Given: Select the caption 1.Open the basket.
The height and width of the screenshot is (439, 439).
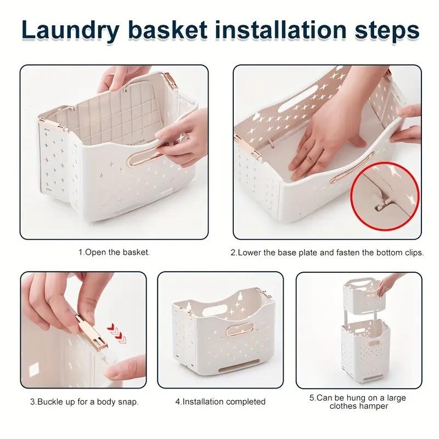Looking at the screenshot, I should coord(114,253).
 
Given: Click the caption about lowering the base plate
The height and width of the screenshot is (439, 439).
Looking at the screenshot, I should coord(327,253).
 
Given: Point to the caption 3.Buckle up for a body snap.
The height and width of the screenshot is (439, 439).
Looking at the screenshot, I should coord(84,402).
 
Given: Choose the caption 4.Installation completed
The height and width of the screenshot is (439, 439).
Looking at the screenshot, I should coord(220,402).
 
